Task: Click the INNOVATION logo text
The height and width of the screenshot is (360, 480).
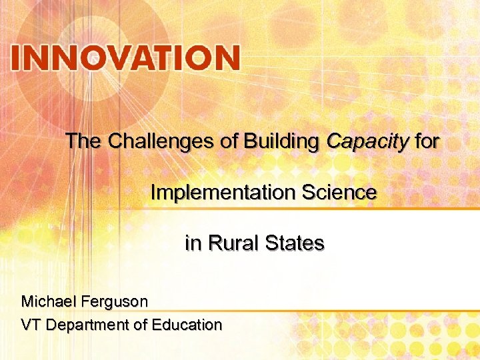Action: pyautogui.click(x=125, y=58)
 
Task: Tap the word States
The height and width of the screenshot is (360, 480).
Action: pyautogui.click(x=295, y=243)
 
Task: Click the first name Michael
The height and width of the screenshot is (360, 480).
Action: pyautogui.click(x=49, y=301)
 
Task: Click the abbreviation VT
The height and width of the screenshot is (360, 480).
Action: pyautogui.click(x=30, y=325)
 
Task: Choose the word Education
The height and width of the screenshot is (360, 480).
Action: pyautogui.click(x=187, y=325)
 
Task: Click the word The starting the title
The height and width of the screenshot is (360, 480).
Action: pyautogui.click(x=83, y=141)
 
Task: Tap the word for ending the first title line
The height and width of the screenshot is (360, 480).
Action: pyautogui.click(x=427, y=141)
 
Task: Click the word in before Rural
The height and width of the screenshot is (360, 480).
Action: pyautogui.click(x=192, y=243)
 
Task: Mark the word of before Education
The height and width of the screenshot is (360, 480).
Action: pyautogui.click(x=141, y=325)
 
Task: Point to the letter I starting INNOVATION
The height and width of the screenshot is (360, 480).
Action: pyautogui.click(x=16, y=58)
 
